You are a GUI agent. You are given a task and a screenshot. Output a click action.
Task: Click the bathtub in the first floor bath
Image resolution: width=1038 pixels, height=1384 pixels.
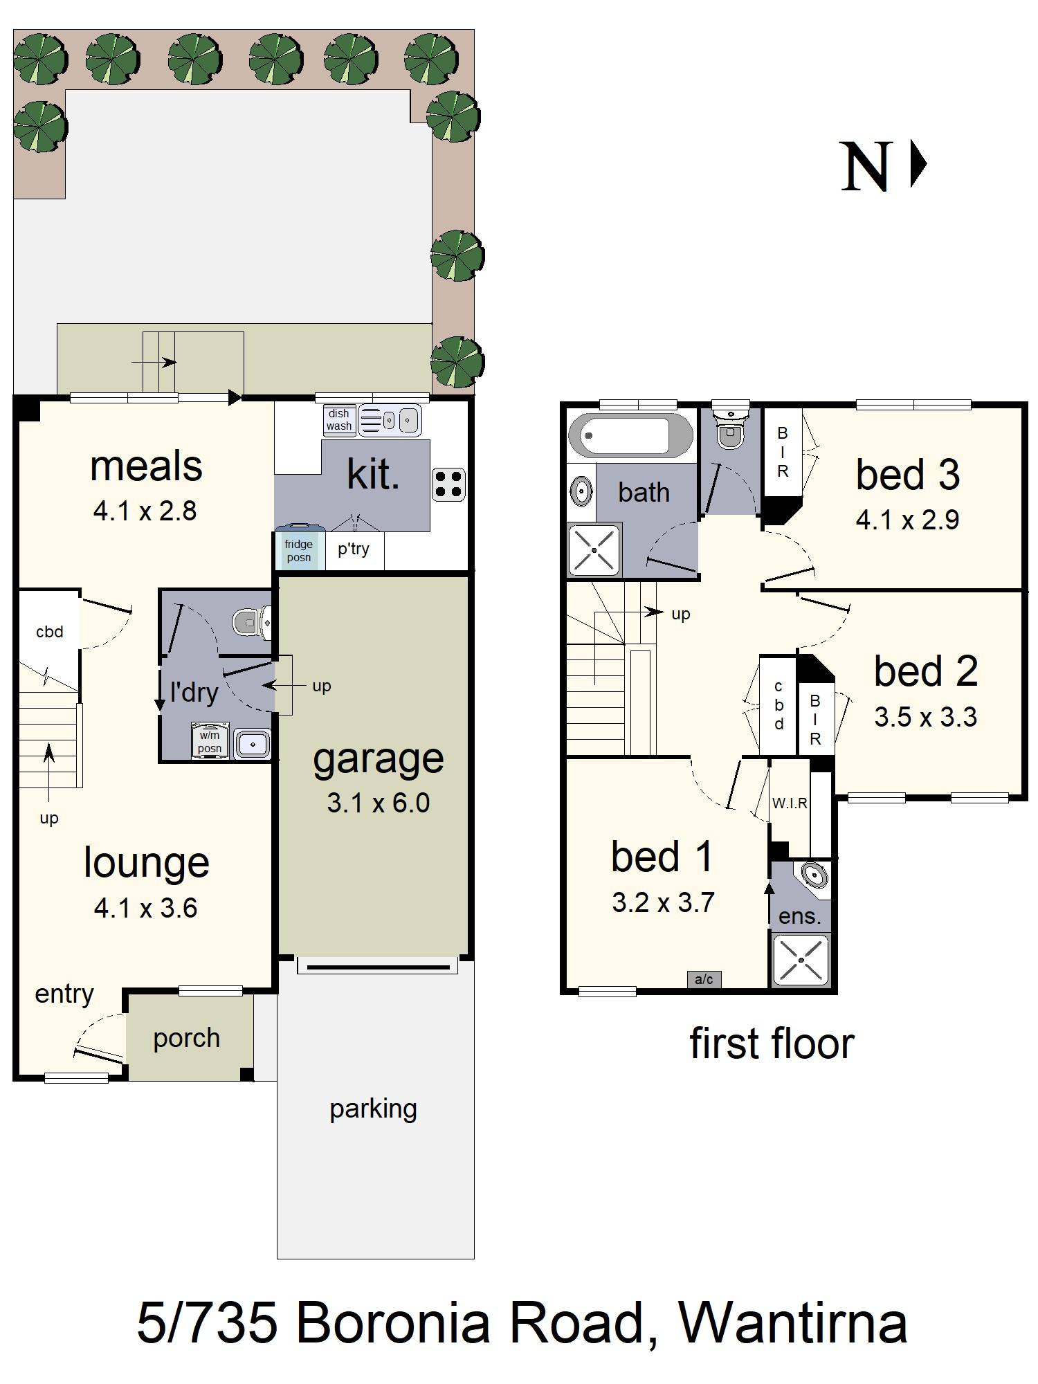pos(630,436)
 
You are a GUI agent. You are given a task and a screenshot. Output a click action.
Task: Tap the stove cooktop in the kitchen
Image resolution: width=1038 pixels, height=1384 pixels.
pos(448,484)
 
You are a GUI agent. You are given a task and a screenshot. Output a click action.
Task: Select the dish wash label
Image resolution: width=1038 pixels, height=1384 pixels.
pos(339,420)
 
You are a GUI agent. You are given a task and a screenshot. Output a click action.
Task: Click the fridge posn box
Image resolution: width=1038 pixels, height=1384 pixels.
pos(299,550)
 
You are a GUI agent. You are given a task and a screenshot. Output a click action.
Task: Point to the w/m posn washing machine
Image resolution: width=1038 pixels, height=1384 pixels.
pos(210,742)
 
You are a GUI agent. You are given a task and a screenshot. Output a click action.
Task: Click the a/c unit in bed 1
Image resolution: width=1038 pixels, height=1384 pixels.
pos(704,979)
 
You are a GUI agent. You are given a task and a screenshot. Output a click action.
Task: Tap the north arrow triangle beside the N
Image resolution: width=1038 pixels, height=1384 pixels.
pos(918,165)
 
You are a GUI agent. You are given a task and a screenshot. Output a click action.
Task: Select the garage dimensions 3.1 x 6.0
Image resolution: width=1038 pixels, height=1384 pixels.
pos(379,803)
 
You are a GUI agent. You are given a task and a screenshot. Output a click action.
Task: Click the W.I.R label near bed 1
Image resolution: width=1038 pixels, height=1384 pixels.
pos(790,803)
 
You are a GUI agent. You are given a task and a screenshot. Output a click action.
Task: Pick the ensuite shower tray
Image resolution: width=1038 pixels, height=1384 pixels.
pos(801,960)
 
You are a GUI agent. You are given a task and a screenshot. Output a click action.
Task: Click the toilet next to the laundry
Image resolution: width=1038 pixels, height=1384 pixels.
pos(249,622)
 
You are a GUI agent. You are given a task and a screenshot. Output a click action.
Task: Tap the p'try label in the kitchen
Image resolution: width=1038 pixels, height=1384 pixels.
pos(354,549)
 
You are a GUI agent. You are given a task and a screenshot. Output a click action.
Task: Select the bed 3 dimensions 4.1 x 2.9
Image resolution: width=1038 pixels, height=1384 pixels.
pos(907,520)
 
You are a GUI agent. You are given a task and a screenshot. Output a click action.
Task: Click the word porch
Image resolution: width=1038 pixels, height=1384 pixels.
pos(187,1038)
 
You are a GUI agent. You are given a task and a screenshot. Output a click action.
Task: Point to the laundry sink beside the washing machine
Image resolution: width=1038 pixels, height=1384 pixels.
pos(252,744)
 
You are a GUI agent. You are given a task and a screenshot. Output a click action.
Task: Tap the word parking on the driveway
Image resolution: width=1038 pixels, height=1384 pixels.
pos(373,1109)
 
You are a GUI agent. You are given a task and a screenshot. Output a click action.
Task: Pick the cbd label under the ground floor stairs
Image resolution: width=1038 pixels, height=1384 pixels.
pos(50,631)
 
